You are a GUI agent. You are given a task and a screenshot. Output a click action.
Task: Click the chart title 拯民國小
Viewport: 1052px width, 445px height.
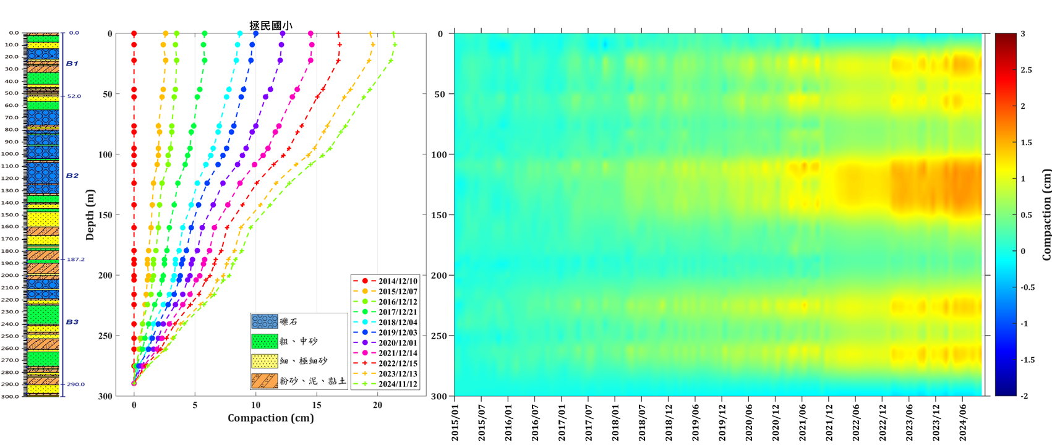(270, 26)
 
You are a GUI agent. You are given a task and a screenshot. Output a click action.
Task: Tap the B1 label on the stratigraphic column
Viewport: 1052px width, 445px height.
(72, 64)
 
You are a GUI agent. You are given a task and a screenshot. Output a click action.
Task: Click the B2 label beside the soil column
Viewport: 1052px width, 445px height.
(72, 176)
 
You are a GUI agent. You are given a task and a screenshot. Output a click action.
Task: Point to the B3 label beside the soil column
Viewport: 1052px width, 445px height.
(72, 322)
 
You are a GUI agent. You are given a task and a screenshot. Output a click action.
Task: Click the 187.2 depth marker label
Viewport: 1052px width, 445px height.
(75, 260)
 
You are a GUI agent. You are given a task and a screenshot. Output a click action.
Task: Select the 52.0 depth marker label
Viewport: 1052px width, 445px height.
(74, 96)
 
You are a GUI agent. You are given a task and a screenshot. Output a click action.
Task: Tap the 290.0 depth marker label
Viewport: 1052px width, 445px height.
(75, 384)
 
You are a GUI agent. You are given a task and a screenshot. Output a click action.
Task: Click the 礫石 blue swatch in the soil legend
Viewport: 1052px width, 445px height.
(265, 322)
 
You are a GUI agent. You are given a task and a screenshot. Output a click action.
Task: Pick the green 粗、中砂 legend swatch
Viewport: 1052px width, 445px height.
(265, 341)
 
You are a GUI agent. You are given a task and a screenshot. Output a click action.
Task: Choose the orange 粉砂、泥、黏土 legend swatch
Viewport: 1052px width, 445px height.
(265, 380)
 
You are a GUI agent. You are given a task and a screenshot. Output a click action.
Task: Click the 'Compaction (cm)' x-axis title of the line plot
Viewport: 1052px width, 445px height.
(270, 418)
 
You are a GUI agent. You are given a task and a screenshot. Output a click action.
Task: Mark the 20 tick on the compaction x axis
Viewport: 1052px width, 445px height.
(377, 405)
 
